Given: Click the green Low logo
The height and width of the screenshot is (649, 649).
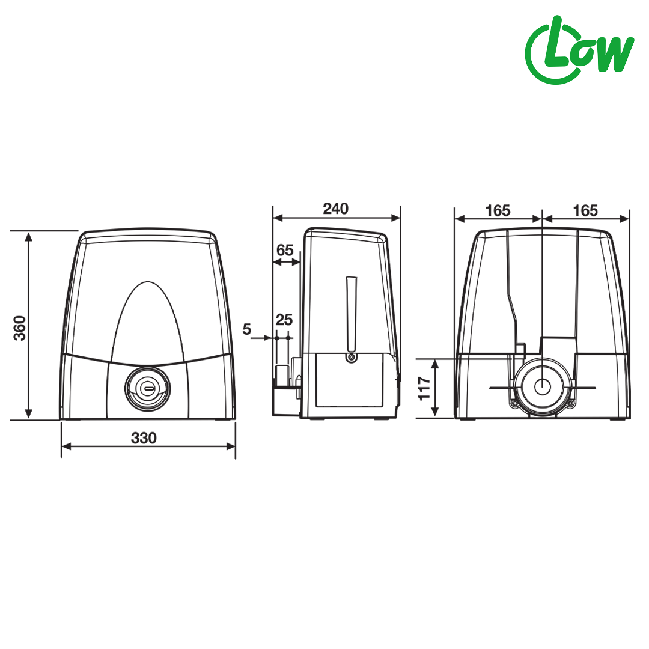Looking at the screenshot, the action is [579, 50].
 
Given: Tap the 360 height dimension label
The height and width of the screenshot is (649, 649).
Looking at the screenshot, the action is [20, 328].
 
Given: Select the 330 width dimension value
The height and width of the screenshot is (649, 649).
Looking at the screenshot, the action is [144, 438].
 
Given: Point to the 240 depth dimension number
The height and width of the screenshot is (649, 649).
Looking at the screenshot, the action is [336, 209].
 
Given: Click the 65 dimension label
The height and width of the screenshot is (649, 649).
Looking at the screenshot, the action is [285, 250].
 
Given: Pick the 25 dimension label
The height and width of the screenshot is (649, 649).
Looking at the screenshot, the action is [284, 320].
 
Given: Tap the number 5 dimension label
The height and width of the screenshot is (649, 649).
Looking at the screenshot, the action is [247, 329].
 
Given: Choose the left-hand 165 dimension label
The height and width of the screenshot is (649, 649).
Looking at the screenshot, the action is [498, 211].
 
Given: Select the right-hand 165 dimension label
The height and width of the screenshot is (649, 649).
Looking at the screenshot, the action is [585, 211].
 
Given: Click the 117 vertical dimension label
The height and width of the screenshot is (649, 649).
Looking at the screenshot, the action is [424, 388].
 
